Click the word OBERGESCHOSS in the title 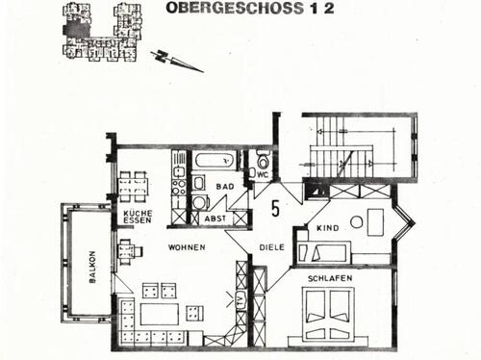(235, 8)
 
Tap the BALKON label (92, 267)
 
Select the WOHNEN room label (187, 247)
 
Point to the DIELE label (271, 247)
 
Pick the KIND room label (327, 228)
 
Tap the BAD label (225, 187)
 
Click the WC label (263, 175)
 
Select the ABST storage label (215, 219)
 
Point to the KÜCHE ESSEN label (138, 217)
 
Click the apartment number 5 (275, 208)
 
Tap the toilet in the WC (264, 161)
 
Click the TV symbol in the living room (240, 299)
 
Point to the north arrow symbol (176, 61)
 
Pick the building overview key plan (101, 32)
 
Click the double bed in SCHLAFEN (328, 314)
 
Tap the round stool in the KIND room (357, 221)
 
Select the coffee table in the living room (160, 314)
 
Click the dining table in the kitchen (134, 186)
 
